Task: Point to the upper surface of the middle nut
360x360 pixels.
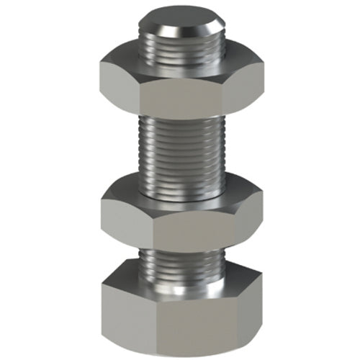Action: coord(130,193)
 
